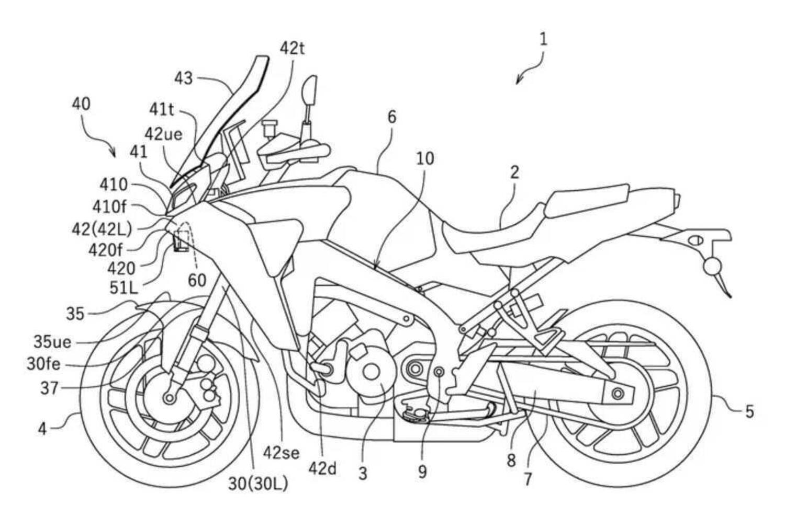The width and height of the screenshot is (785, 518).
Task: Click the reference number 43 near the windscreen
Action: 183,78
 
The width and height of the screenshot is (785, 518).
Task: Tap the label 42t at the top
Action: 292,49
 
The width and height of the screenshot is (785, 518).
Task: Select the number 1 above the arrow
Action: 543,39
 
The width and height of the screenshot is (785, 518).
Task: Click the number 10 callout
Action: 425,158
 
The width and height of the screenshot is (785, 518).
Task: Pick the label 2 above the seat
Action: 514,172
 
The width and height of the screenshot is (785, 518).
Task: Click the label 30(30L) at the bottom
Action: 257,484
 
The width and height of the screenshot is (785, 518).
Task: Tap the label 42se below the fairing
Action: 282,452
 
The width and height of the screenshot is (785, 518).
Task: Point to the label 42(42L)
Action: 102,228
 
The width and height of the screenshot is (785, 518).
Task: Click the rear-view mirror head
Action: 309,90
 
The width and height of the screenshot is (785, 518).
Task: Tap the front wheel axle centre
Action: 169,398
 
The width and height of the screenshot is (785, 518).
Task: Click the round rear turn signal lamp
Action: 711,267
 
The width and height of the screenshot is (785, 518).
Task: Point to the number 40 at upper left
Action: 81,104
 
